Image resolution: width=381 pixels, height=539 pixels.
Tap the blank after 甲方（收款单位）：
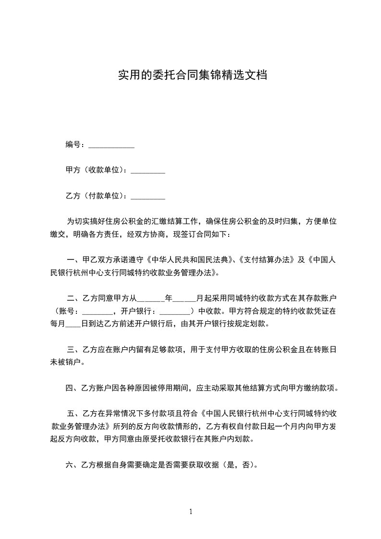click(148, 171)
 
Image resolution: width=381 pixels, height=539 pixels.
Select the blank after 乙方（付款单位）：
click(148, 196)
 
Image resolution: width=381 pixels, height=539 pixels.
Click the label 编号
click(73, 145)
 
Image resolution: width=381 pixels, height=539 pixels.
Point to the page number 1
click(191, 511)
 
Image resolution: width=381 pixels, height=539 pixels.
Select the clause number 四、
click(73, 388)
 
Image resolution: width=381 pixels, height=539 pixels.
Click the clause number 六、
click(73, 465)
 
